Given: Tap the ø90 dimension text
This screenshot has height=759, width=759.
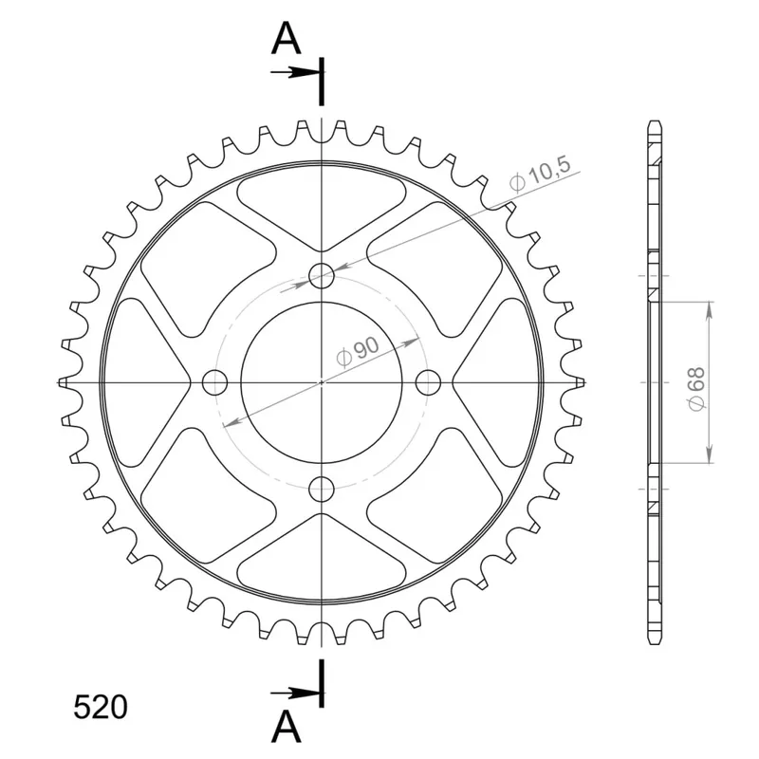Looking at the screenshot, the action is (358, 351).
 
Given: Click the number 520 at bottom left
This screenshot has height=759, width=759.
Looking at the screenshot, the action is (101, 707).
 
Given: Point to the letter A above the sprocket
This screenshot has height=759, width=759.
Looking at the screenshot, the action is (287, 38).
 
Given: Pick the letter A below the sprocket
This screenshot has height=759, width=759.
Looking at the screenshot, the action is (287, 728).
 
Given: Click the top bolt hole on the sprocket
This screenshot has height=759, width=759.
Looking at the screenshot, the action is (322, 276).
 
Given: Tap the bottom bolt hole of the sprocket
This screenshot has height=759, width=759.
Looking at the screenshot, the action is (322, 490).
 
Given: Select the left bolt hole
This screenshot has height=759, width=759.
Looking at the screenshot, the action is (214, 383).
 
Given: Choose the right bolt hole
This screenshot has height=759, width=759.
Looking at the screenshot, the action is (429, 383).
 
